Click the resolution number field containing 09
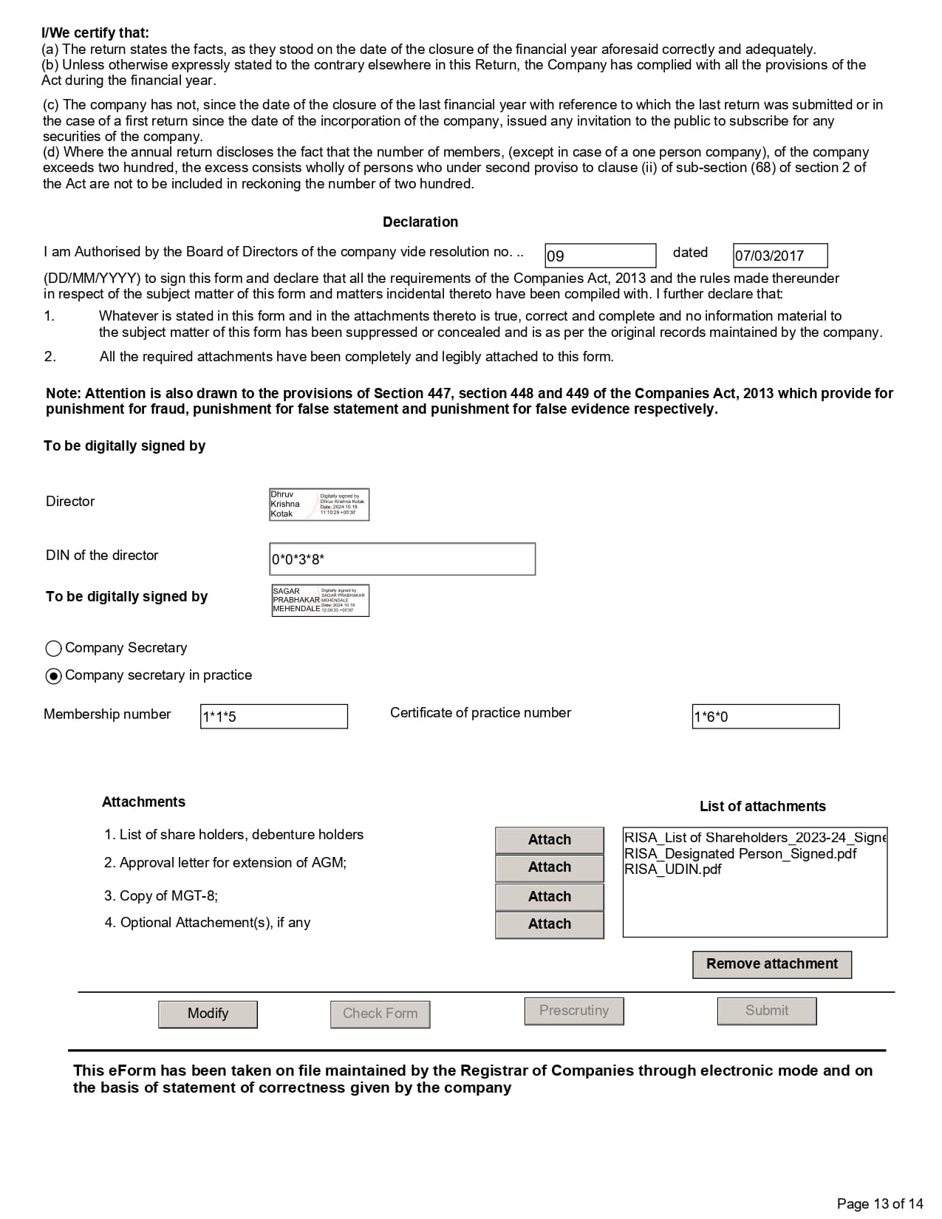pos(600,256)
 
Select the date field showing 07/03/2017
pos(779,256)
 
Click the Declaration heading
pos(420,222)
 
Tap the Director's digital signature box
pos(319,505)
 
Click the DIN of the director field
pos(402,559)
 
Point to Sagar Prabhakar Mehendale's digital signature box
pos(320,601)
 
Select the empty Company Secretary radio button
pos(53,649)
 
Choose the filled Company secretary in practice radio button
pos(53,676)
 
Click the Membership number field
pos(273,716)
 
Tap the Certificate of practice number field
pos(765,716)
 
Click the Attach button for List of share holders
pos(549,839)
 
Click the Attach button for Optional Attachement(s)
pos(549,924)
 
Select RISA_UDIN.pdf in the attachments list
pos(673,870)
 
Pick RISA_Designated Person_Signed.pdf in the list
pos(740,853)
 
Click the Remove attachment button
pos(771,964)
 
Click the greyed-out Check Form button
pos(380,1014)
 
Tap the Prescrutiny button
pos(574,1011)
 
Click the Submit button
pos(766,1011)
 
